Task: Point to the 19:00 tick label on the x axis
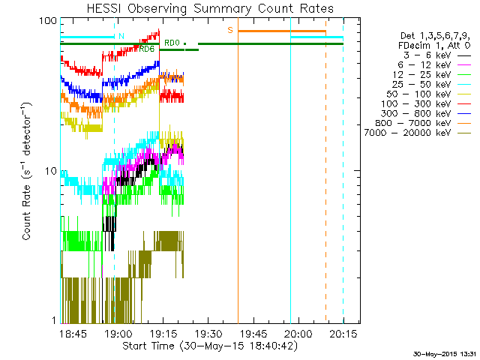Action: point(118,333)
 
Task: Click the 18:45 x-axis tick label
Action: point(74,333)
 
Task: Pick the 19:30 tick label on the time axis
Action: point(208,333)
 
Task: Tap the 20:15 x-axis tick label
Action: point(343,333)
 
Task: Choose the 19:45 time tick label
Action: point(253,333)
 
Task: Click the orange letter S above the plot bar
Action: point(230,30)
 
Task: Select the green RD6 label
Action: point(147,49)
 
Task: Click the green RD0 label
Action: point(172,43)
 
